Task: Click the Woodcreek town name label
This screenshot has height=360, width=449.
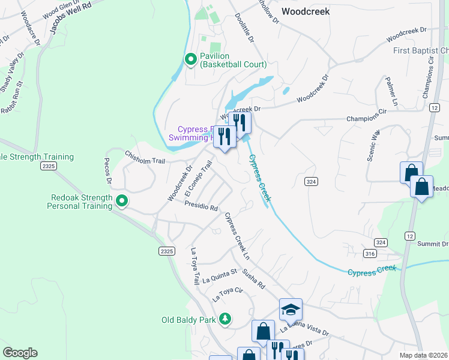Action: pyautogui.click(x=306, y=11)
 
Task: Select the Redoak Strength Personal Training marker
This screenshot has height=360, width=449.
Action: pyautogui.click(x=121, y=201)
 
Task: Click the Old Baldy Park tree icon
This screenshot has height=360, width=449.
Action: pyautogui.click(x=225, y=319)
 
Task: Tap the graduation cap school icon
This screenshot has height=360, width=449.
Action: pyautogui.click(x=291, y=309)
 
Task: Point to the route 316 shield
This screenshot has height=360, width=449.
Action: pyautogui.click(x=370, y=254)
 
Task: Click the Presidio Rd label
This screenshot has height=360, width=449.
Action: pyautogui.click(x=200, y=206)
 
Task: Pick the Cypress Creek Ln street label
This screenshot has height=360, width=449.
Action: pyautogui.click(x=237, y=236)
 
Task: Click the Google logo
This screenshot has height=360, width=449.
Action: pyautogui.click(x=20, y=353)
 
